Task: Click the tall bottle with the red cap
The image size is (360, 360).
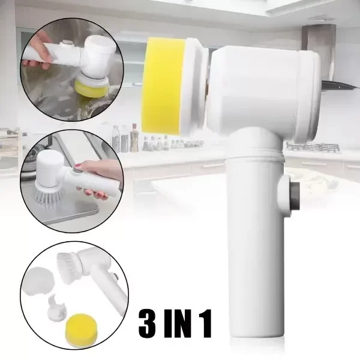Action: (x=134, y=137)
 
